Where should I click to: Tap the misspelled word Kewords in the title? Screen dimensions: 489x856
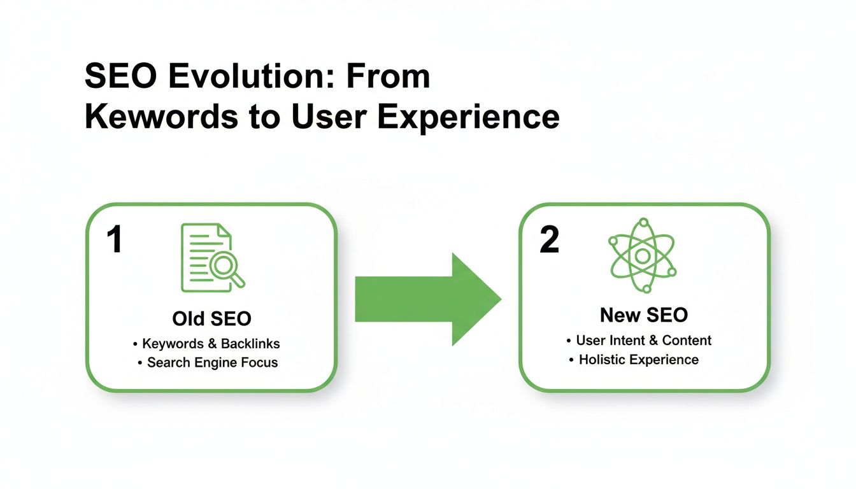pyautogui.click(x=166, y=118)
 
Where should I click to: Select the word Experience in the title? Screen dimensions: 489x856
pyautogui.click(x=468, y=118)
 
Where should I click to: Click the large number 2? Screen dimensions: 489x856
pyautogui.click(x=549, y=241)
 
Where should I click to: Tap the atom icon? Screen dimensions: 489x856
pyautogui.click(x=643, y=255)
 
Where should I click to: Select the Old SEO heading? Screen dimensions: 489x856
pyautogui.click(x=211, y=318)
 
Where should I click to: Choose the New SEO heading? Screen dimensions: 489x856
pyautogui.click(x=643, y=315)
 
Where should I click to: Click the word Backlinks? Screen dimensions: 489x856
pyautogui.click(x=250, y=344)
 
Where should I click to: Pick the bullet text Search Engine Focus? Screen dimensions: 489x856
pyautogui.click(x=212, y=363)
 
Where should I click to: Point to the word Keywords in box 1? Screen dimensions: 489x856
pyautogui.click(x=172, y=344)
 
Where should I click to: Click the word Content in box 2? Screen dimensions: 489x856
pyautogui.click(x=687, y=341)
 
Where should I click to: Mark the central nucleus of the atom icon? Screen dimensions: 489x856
pyautogui.click(x=643, y=256)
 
